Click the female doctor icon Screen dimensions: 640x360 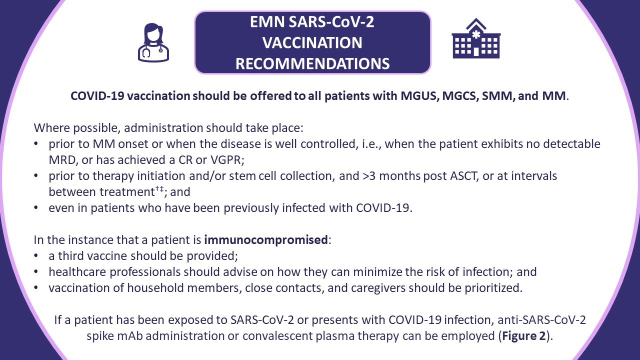153,42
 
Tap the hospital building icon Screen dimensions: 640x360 476,38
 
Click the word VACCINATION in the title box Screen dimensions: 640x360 312,43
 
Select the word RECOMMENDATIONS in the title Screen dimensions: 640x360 312,63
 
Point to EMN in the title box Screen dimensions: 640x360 267,22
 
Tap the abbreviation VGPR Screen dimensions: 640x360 227,160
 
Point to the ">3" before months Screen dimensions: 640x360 369,176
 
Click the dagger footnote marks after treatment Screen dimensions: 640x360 159,189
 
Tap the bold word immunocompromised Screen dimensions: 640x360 266,240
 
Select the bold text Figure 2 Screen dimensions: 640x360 524,336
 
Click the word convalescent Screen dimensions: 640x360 277,336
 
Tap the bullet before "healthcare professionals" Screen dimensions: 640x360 35,272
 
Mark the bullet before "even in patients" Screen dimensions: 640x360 35,208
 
